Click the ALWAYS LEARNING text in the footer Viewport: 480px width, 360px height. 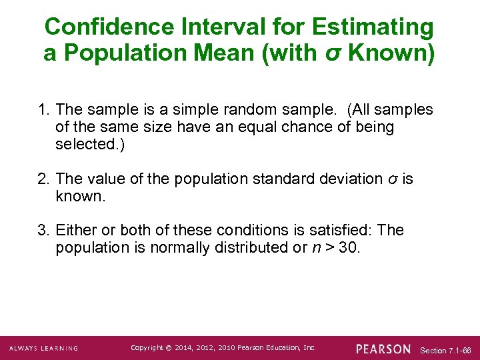tap(43, 348)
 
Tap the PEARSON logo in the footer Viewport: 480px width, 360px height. tap(383, 349)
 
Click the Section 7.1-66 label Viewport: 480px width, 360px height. tap(446, 350)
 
